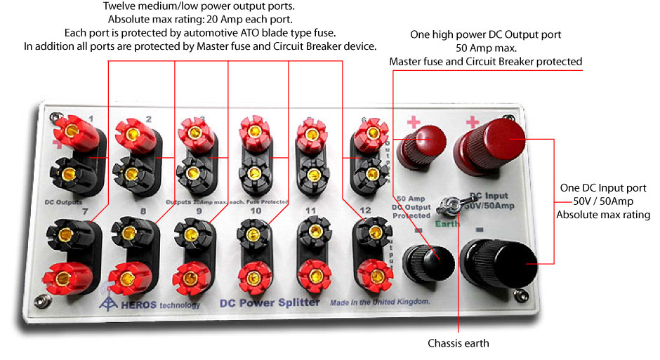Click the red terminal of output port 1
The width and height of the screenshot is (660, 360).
[x=71, y=131]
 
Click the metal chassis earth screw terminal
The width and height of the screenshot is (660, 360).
[x=447, y=206]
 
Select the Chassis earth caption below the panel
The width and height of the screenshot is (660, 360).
[x=458, y=344]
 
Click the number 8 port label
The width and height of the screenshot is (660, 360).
[x=143, y=211]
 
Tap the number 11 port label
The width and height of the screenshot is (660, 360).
[x=310, y=211]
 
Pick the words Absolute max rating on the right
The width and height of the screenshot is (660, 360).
[x=603, y=215]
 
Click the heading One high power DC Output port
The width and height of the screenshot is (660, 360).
[x=485, y=34]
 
